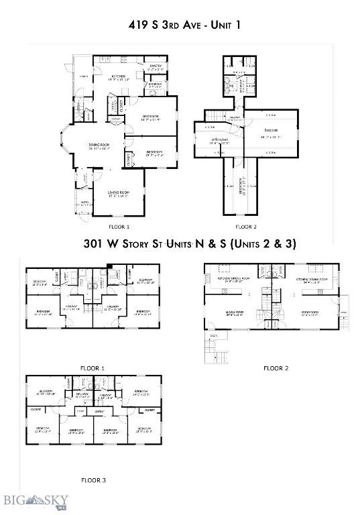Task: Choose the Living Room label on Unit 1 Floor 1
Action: click(118, 194)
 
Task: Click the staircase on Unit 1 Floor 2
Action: click(214, 115)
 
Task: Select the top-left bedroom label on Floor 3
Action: click(46, 392)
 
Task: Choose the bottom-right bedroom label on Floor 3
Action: click(144, 429)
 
